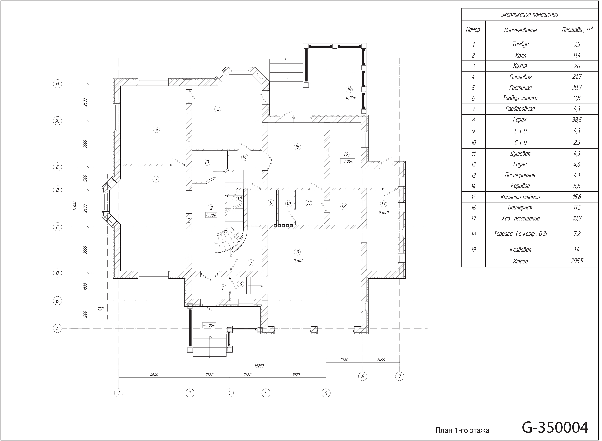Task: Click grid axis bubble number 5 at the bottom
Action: [x=326, y=393]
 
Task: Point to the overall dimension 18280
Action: [x=259, y=366]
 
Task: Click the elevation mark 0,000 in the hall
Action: [x=211, y=215]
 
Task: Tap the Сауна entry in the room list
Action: [x=520, y=164]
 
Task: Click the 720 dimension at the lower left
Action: [x=101, y=309]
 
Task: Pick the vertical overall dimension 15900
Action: [x=74, y=206]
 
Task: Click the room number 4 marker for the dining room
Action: [x=157, y=129]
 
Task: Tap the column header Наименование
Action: [x=520, y=30]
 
